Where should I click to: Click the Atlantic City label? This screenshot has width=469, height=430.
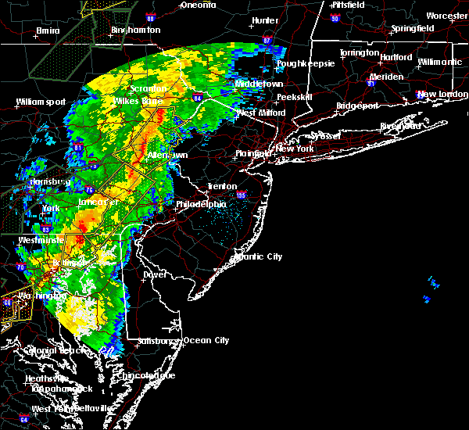260,256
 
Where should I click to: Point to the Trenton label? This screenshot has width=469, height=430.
222,186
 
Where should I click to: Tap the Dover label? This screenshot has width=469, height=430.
155,274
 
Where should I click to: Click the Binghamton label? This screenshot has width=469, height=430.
135,30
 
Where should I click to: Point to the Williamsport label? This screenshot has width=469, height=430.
41,102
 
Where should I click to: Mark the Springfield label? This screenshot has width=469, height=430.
413,28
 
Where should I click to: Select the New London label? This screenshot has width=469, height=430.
437,95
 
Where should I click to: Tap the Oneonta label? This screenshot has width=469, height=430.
198,5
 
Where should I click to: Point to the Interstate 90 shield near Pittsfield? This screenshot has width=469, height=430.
335,18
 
